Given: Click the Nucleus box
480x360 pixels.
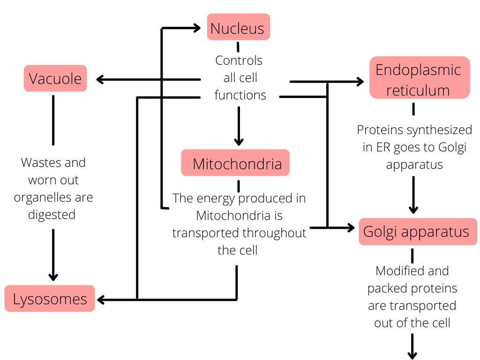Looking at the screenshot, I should coord(238,28).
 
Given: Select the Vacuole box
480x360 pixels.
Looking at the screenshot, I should coord(55,78).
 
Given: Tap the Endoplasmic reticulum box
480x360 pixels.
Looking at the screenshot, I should coord(419,79).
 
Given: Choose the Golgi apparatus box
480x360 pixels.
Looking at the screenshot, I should coord(417,232).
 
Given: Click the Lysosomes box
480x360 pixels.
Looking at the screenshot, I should coord(50,299).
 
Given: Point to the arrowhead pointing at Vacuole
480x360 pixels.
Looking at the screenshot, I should coord(99,80).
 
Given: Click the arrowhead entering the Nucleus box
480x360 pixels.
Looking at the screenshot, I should coord(197,28).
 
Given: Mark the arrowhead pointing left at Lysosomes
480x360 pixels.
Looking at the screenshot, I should coord(99,299).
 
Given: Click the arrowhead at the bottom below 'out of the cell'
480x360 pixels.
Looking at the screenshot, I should coord(412,354).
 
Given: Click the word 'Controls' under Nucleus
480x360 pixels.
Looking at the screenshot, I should coord(239,60).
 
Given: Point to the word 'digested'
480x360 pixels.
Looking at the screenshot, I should coord(52,214).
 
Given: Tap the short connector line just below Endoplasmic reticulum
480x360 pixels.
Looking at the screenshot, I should coord(413,109).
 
